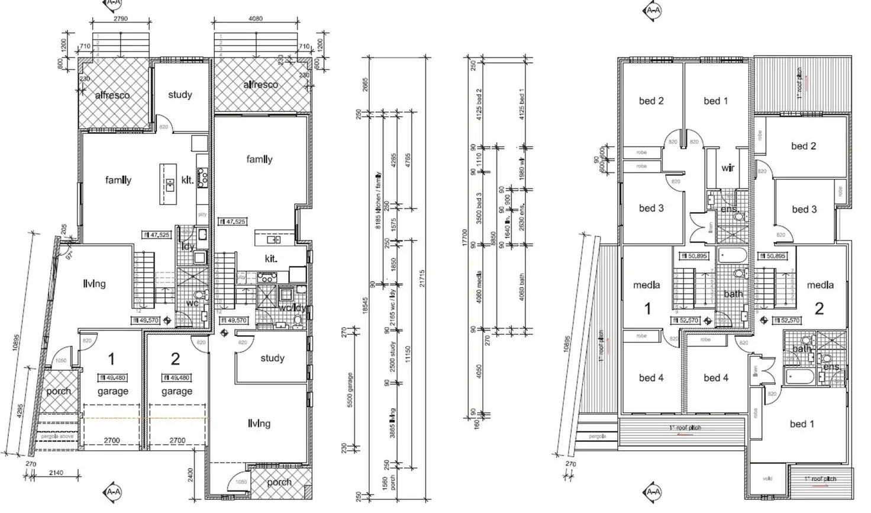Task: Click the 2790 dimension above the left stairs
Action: pos(120,19)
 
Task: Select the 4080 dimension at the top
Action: pos(256,19)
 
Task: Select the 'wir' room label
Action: pos(728,168)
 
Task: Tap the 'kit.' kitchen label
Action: pos(271,258)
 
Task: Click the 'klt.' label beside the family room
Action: pos(188,180)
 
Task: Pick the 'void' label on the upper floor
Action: pos(768,479)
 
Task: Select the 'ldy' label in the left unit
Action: pos(188,246)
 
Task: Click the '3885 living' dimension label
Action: pos(393,423)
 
